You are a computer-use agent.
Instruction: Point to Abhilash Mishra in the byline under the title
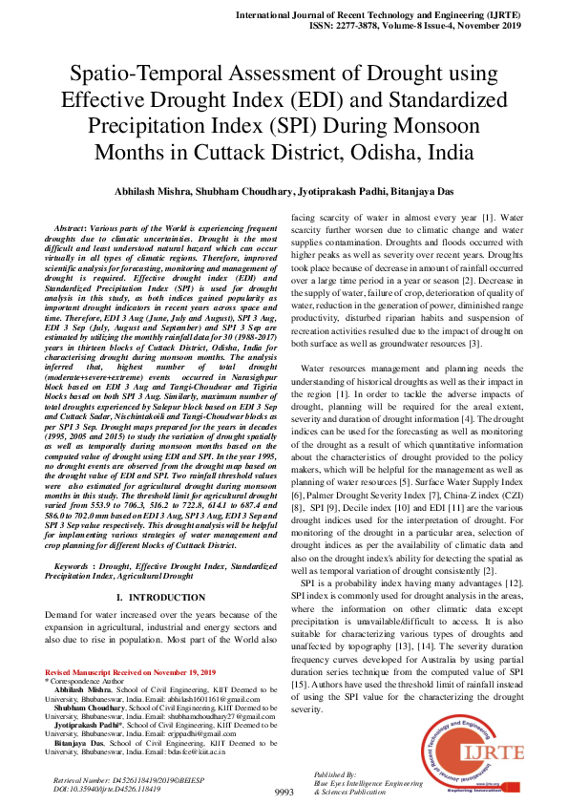click(168, 192)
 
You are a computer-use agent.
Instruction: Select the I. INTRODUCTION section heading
click(159, 597)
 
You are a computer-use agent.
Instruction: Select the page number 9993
click(284, 793)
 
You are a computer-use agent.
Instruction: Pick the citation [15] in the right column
click(303, 684)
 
